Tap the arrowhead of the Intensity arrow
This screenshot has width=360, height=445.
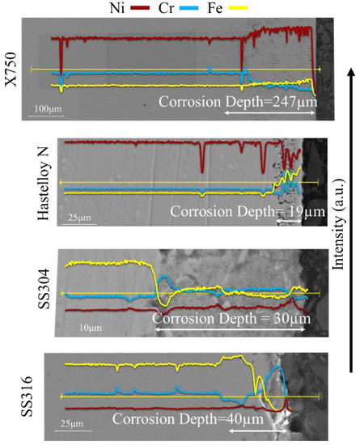click(348, 74)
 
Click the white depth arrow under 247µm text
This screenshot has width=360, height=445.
click(268, 113)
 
